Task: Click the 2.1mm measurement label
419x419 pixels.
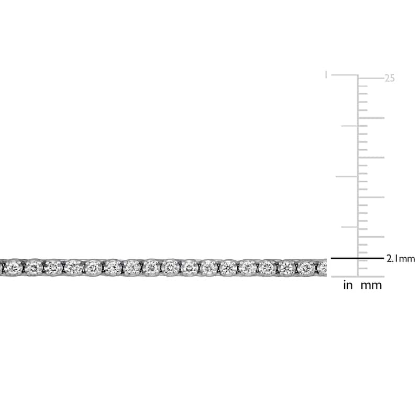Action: [401, 259]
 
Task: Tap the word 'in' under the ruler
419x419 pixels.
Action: [348, 285]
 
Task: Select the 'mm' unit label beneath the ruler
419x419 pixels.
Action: [371, 285]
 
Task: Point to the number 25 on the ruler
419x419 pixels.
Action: [390, 78]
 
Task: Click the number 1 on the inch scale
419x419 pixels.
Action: [326, 75]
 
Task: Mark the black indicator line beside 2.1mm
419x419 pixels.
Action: [357, 258]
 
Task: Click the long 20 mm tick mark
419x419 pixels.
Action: [371, 118]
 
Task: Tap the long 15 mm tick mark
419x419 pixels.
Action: [371, 158]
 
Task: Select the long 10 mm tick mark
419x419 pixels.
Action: [371, 197]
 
